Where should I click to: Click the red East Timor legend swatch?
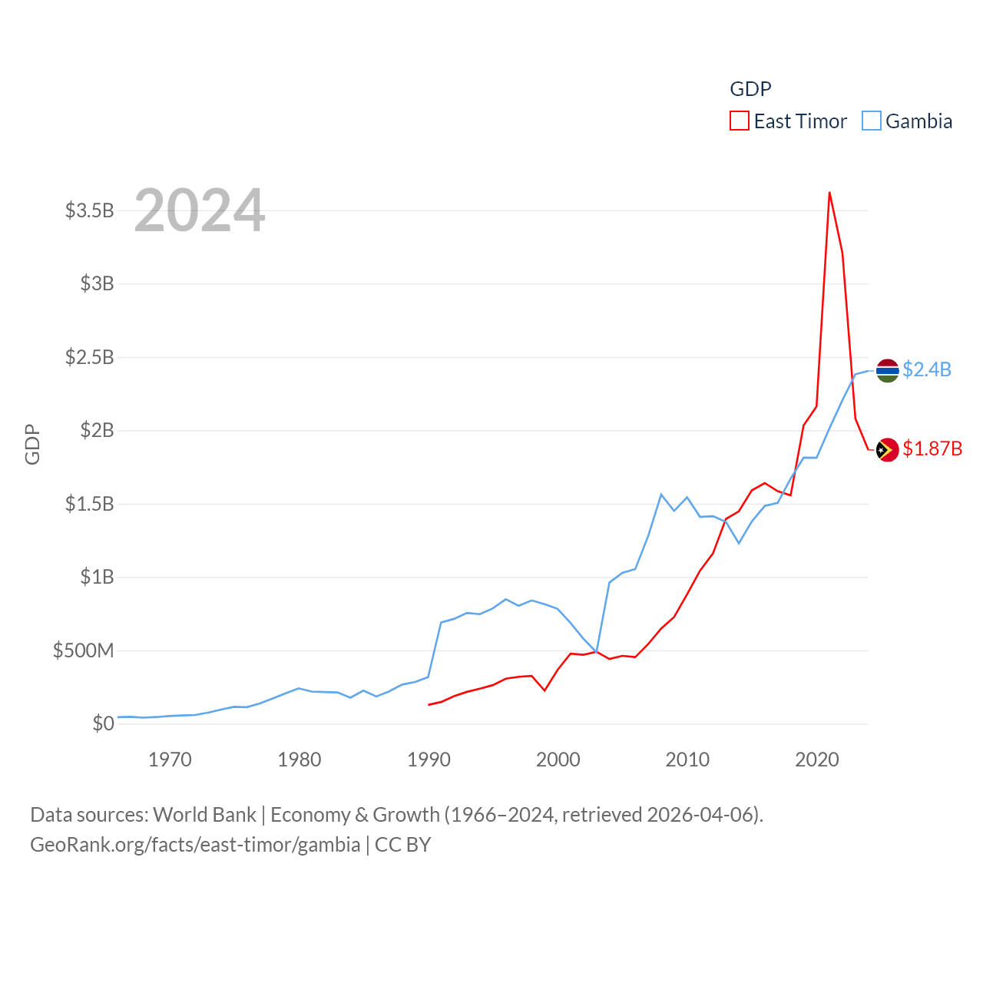point(739,121)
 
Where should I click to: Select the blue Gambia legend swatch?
point(871,121)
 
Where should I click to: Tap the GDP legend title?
point(750,89)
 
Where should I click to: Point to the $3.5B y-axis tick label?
point(90,210)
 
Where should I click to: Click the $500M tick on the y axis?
point(83,651)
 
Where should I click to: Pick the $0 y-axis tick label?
point(103,723)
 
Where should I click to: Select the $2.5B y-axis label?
point(90,357)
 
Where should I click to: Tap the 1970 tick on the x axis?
point(170,760)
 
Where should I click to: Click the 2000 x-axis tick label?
point(558,760)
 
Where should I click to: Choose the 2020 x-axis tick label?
point(817,760)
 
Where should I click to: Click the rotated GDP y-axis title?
point(32,444)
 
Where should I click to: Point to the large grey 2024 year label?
point(200,210)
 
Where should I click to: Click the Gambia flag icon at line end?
point(887,370)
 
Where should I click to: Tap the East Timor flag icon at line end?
point(887,449)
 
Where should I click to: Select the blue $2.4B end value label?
point(927,369)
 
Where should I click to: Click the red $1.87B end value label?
point(932,448)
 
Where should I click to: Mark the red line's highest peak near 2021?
point(829,193)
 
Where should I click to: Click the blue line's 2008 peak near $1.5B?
point(661,495)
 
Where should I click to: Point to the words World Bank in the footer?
point(205,814)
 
